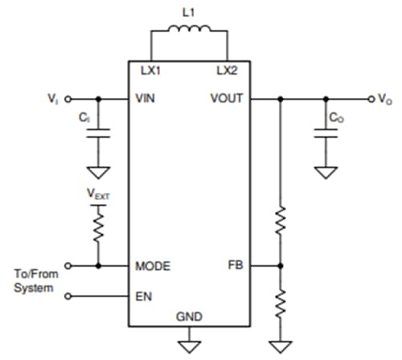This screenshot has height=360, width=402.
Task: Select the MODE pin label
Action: click(x=152, y=266)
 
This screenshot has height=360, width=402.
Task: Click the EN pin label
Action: click(x=142, y=296)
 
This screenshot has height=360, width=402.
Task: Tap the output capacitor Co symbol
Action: click(x=326, y=136)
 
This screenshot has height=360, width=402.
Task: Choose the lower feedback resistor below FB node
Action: click(x=281, y=306)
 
